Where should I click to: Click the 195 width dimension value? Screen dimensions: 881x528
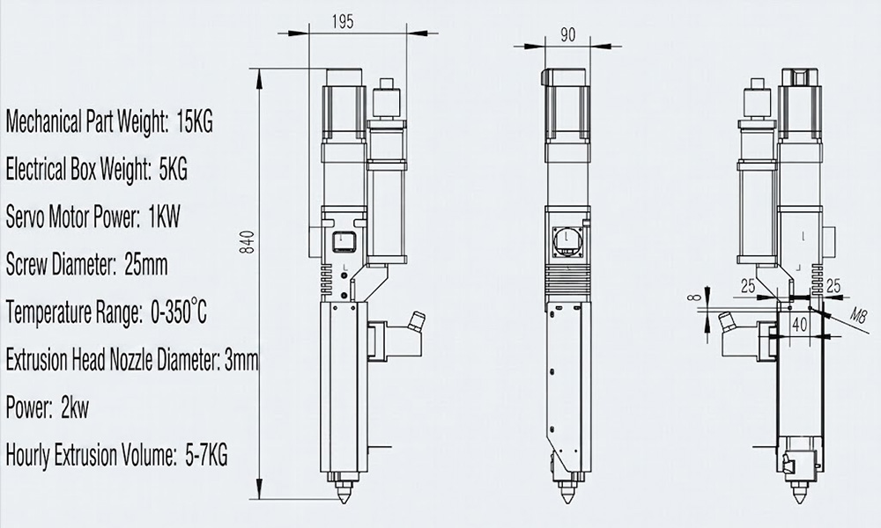point(343,22)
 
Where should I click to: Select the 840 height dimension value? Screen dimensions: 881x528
point(248,242)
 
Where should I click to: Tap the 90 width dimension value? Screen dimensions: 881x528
point(568,35)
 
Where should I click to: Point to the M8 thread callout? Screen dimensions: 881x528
point(858,316)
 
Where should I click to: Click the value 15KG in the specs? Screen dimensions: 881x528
point(195,121)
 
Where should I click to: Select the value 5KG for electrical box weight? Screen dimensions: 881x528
point(173,169)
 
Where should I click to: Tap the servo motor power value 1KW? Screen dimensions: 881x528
point(164,216)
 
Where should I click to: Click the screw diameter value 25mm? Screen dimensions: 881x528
point(146,264)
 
